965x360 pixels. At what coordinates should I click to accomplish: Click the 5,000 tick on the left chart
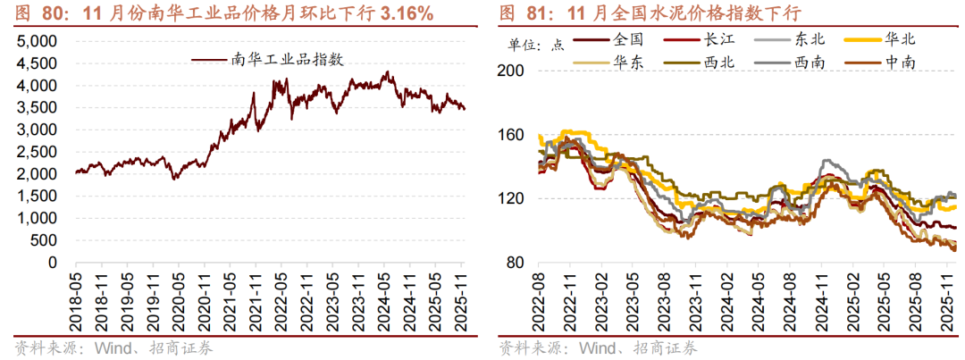click(38, 41)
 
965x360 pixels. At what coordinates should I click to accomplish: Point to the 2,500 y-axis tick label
click(38, 152)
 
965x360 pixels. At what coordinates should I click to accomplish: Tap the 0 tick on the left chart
click(53, 262)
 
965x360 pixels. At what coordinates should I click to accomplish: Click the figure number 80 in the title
click(54, 13)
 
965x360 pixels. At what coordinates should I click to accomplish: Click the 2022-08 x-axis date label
click(540, 298)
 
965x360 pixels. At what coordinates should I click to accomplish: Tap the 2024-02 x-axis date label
click(727, 298)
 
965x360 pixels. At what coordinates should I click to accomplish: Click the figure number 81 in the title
click(539, 13)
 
